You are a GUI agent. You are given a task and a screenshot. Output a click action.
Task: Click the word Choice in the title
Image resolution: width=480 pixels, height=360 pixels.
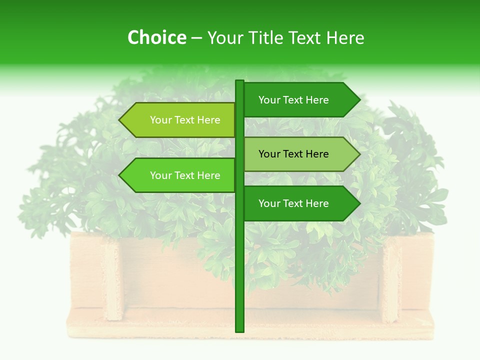click(x=156, y=38)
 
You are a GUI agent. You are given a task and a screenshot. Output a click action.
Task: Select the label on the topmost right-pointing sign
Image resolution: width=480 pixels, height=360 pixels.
click(x=293, y=100)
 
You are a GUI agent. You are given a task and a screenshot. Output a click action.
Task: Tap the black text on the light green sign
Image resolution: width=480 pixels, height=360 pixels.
click(x=293, y=154)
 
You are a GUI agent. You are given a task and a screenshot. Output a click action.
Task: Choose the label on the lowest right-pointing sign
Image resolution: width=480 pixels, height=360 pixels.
click(x=293, y=203)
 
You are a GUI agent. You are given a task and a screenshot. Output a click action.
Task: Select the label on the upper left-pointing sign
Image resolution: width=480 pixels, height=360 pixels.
click(x=185, y=120)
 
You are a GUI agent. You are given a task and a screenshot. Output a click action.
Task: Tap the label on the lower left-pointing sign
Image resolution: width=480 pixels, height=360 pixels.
click(x=185, y=175)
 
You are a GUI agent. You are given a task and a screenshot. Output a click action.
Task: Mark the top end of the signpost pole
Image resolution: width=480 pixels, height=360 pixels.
click(x=239, y=81)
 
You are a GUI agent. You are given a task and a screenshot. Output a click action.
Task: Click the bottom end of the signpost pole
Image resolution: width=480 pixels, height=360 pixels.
click(x=239, y=330)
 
